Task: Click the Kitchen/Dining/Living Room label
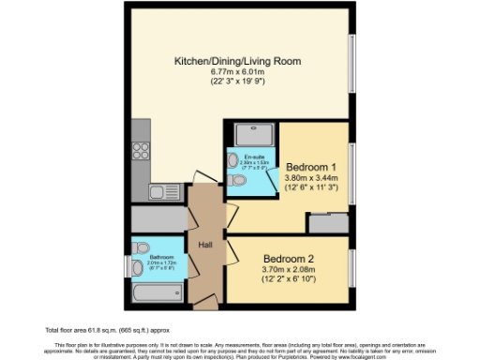[x=237, y=62]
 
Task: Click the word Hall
[x=205, y=246]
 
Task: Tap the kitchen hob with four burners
[x=142, y=150]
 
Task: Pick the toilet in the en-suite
[x=238, y=180]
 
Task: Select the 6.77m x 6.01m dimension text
[x=236, y=73]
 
